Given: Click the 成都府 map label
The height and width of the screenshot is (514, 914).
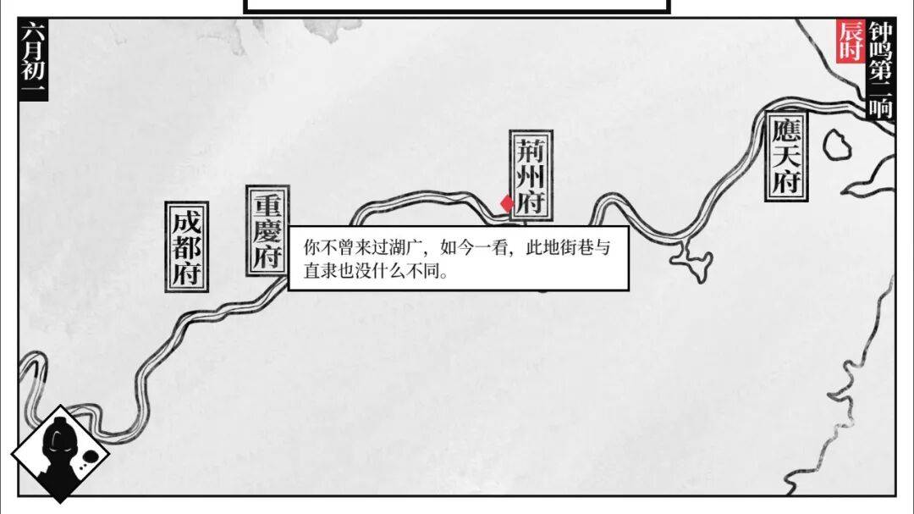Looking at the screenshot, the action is [x=186, y=246].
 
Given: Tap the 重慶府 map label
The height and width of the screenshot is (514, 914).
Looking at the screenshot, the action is [x=267, y=232].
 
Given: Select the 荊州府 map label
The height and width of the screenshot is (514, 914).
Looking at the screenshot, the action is [x=531, y=175].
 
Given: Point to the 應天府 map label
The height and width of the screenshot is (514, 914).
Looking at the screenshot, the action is [x=786, y=156].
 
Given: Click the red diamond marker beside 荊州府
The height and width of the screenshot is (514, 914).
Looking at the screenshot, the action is [x=507, y=203].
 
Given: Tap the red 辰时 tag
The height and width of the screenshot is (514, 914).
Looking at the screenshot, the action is [x=851, y=41].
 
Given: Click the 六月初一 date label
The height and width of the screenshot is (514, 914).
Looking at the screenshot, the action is [x=33, y=58].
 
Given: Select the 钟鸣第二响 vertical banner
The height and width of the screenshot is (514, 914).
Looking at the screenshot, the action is [x=881, y=69].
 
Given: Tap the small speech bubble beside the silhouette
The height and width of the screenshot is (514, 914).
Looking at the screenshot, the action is [x=89, y=456].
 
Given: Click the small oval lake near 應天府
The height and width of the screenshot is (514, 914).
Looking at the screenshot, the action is [x=837, y=145].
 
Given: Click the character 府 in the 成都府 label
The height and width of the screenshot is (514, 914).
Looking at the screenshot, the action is [x=186, y=274].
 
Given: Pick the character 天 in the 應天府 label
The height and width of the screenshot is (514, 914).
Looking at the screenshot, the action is [x=786, y=156].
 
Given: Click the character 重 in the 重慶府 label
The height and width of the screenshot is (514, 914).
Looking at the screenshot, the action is [x=267, y=206].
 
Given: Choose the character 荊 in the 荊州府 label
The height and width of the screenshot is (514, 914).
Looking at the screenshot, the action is [x=531, y=150].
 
